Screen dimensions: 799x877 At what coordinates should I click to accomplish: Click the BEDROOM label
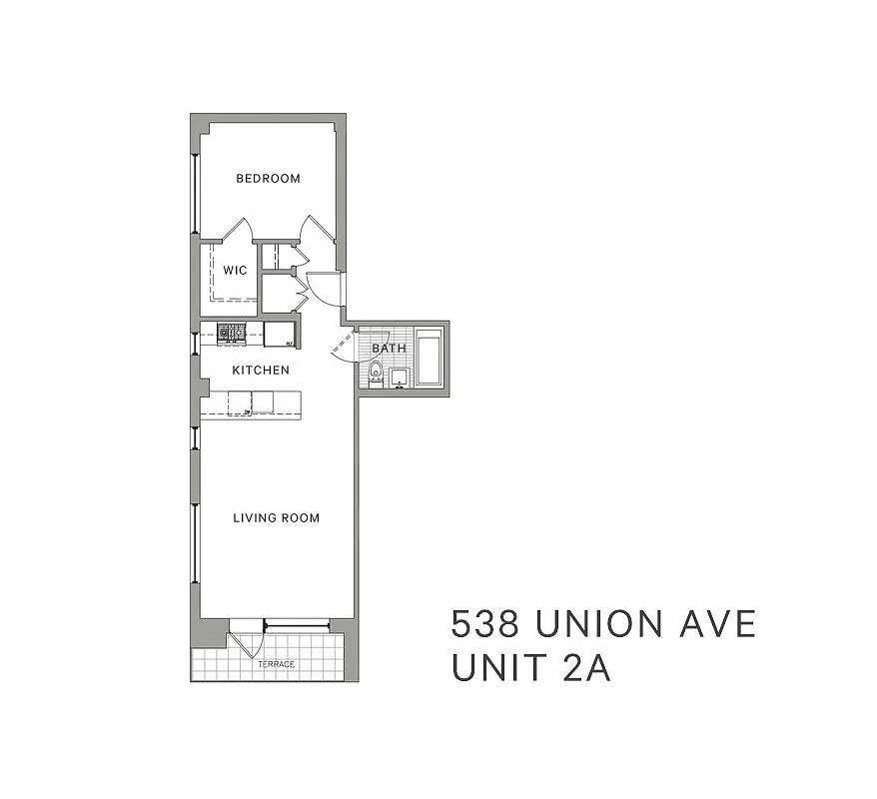268,179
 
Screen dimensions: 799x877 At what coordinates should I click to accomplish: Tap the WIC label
235,271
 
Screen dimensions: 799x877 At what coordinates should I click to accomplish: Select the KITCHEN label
261,371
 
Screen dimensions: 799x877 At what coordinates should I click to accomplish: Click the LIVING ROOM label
276,518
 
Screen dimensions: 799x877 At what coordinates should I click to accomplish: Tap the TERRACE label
276,664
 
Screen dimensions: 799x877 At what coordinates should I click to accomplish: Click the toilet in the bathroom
376,374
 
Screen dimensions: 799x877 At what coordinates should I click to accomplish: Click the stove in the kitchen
232,333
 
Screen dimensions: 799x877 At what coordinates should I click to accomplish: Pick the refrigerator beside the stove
279,334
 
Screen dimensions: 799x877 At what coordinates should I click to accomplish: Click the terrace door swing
246,639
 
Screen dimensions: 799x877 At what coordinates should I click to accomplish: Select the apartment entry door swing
325,289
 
